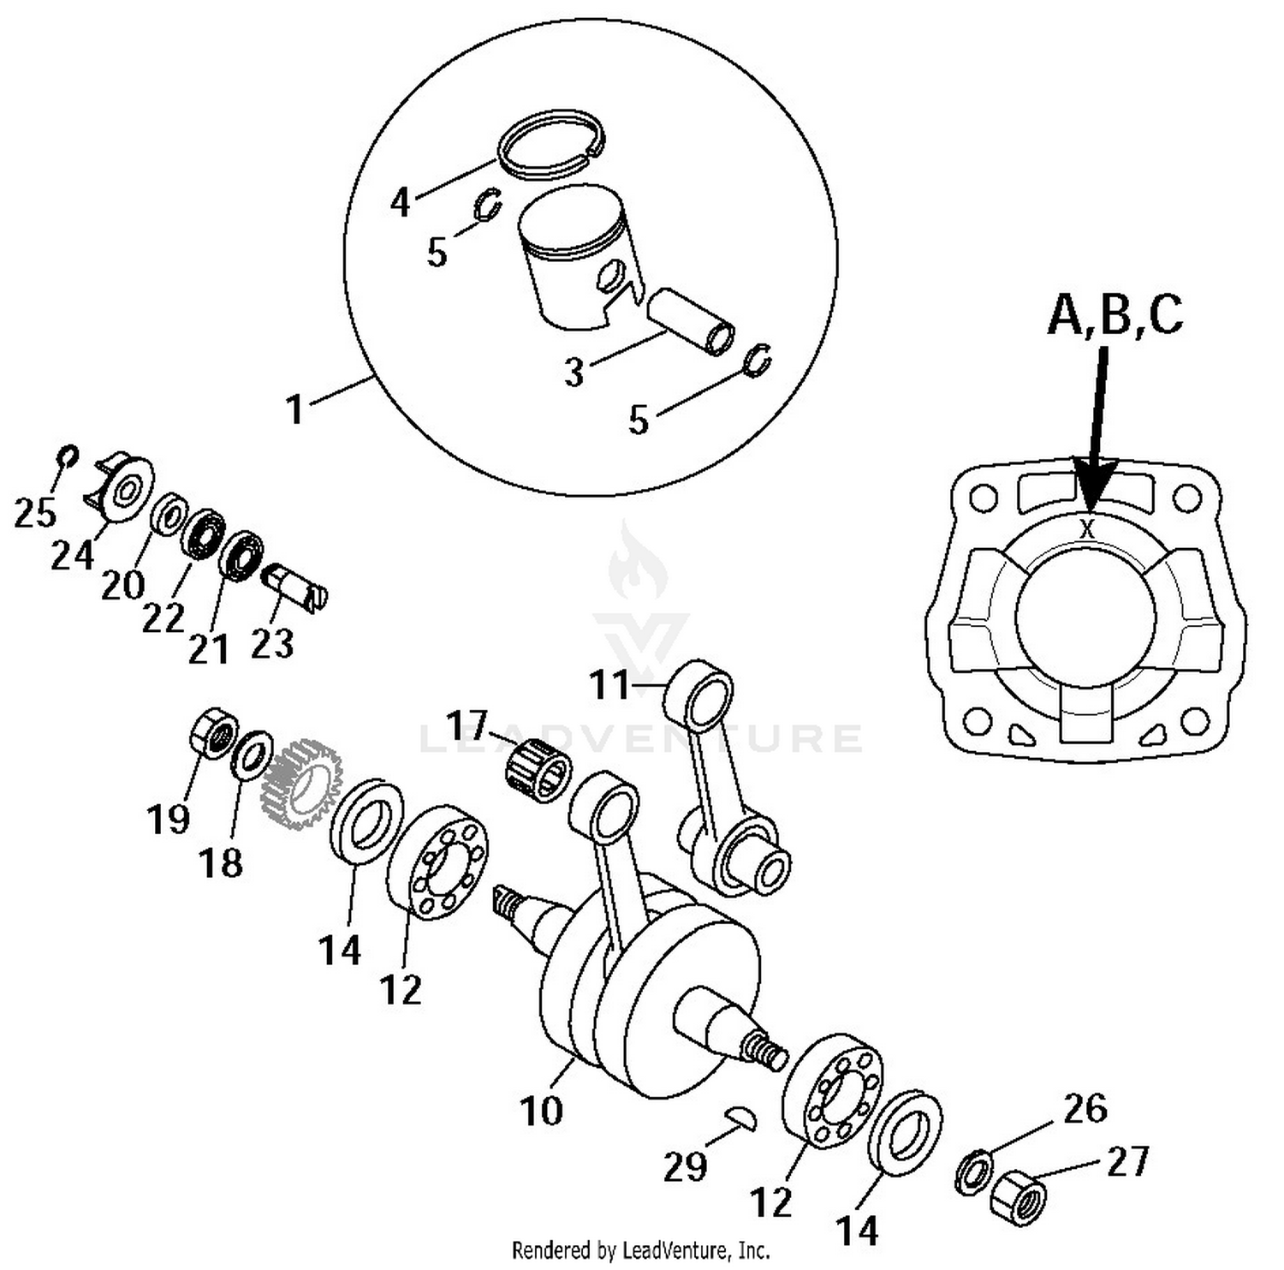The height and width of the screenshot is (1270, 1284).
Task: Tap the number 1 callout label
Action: tap(295, 409)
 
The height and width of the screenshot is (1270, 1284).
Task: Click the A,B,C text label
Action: tap(1115, 314)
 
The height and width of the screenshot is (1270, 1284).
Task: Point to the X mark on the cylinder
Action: tap(1087, 528)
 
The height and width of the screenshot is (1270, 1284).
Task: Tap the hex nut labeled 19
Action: tap(212, 734)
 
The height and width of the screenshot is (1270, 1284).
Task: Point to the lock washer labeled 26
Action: tap(973, 1171)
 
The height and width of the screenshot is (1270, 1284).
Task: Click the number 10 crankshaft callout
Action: tap(541, 1110)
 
